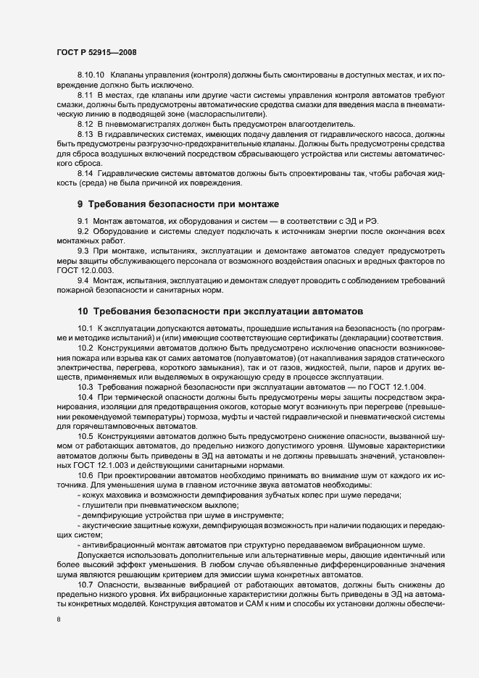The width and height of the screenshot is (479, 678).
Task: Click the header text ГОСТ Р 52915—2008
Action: click(96, 52)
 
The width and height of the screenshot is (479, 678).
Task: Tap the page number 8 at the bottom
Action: click(59, 620)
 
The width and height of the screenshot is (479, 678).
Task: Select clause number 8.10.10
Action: click(91, 75)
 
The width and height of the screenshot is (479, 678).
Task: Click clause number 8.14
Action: click(86, 174)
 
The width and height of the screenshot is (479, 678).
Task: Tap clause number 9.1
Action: click(83, 220)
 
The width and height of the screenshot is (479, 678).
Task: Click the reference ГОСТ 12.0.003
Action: click(80, 270)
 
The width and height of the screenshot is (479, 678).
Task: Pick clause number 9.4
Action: click(83, 280)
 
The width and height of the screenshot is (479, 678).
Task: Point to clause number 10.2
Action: click(86, 348)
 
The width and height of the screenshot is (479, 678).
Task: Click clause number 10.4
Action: click(86, 397)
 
